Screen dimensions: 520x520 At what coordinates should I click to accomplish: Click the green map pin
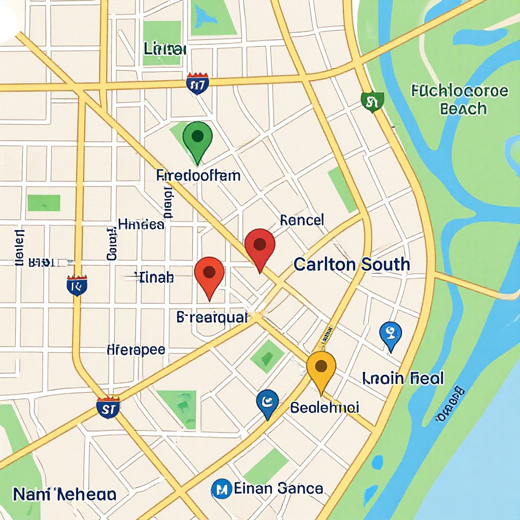pos(198,138)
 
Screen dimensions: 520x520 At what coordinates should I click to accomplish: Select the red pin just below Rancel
pos(259,246)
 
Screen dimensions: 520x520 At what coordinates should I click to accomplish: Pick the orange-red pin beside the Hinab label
pos(209,274)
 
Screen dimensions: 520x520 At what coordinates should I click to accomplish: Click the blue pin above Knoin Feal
pos(391,334)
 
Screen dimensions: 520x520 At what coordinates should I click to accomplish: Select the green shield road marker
pos(372,102)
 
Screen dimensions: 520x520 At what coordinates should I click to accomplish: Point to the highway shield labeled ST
pos(108,407)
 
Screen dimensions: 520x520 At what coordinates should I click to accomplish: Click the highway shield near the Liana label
pos(197,84)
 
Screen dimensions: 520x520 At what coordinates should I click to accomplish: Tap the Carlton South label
pos(351,264)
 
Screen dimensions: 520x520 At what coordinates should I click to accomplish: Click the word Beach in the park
pos(463,109)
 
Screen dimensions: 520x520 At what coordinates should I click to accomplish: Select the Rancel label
pos(302,220)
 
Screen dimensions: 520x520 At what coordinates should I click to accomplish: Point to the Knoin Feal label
pos(403,378)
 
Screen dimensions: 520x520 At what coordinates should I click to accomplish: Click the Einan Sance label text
pos(278,489)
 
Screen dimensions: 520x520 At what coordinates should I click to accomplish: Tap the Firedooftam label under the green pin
pos(199,176)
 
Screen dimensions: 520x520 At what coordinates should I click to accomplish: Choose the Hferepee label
pos(136,350)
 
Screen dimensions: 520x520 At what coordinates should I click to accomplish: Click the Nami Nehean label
pos(64,494)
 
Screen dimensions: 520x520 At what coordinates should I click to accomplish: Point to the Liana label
pos(165,49)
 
